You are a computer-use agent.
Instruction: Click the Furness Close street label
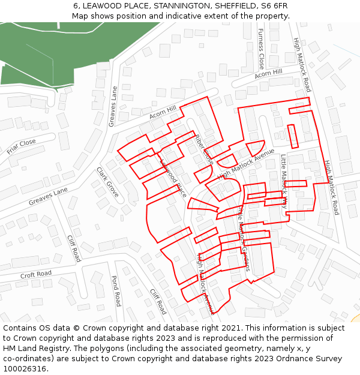pos(261,48)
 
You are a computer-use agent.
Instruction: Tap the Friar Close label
pos(22,146)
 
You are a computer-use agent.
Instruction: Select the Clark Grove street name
pos(107,182)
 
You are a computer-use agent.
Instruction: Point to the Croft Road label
pos(36,275)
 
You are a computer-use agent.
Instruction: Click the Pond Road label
pos(116,291)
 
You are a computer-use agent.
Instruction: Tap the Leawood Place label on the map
pos(173,178)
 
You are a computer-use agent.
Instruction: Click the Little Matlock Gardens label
pos(244,239)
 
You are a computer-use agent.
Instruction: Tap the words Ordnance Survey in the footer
pos(313,359)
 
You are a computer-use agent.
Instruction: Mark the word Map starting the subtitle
pos(80,16)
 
